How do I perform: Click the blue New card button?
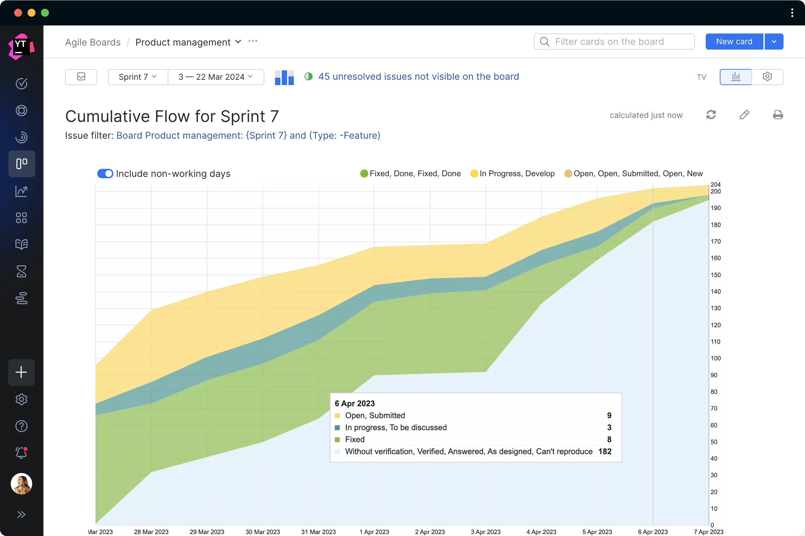pos(734,42)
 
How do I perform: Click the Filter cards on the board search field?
pos(614,42)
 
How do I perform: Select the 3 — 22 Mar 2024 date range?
pos(216,77)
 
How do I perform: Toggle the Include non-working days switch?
pos(105,174)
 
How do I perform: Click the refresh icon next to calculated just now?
pos(711,115)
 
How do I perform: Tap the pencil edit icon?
pos(744,115)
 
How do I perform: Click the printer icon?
pos(777,115)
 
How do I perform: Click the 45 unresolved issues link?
pos(418,77)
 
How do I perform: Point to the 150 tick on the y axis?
pos(715,275)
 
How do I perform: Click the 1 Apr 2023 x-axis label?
pos(374,532)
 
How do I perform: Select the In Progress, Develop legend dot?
pos(474,174)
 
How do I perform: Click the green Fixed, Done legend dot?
pos(364,174)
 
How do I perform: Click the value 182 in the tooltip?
pos(605,452)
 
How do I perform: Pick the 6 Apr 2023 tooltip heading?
pos(355,403)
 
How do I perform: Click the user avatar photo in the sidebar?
pos(21,484)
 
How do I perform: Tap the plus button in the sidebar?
pos(21,372)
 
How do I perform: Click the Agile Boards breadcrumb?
pos(93,42)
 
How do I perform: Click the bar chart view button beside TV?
pos(736,77)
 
